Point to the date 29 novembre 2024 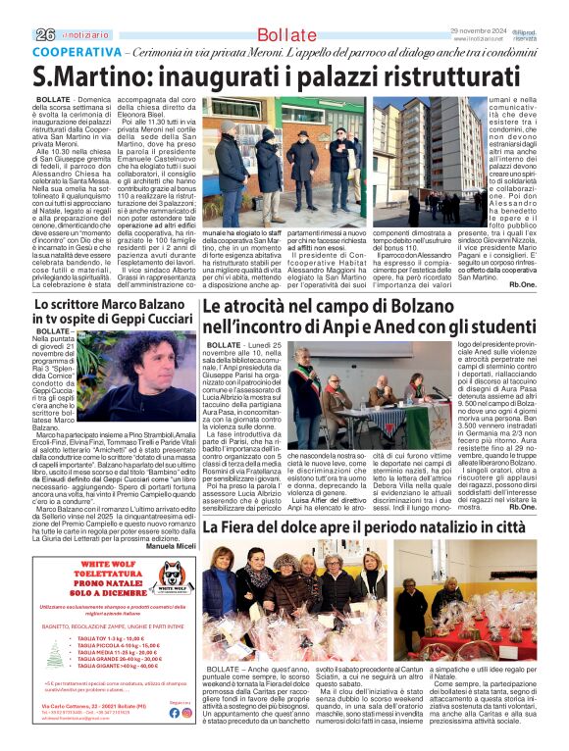pos(476,30)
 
